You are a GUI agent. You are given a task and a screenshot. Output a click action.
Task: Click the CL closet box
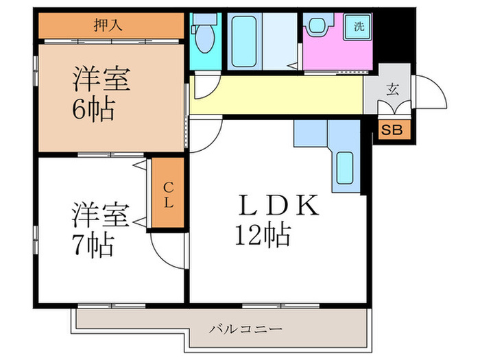[168, 193]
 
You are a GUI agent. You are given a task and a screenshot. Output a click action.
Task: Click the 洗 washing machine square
[359, 27]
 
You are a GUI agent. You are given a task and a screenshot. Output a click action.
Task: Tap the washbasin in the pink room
[317, 27]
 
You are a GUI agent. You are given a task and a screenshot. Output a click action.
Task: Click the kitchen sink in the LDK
[346, 167]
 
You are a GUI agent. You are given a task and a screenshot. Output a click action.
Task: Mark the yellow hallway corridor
[274, 95]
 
